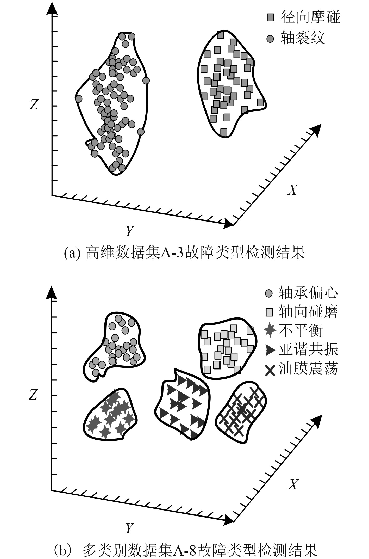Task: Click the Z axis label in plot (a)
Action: click(x=34, y=105)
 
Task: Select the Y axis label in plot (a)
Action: click(x=129, y=231)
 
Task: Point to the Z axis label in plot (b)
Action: click(x=33, y=395)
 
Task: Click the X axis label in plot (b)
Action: click(x=293, y=484)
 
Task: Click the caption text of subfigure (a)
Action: click(x=184, y=253)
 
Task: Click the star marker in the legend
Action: click(x=270, y=330)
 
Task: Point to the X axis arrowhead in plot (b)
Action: click(x=316, y=421)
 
